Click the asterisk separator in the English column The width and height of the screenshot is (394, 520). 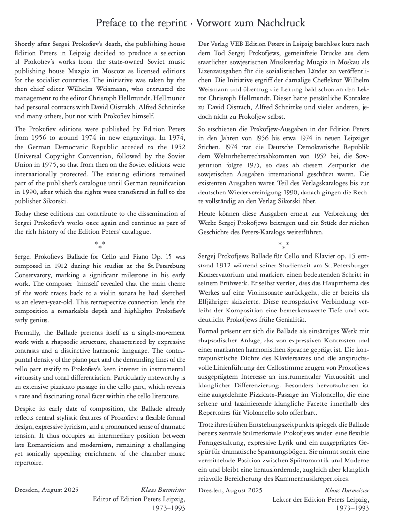(100, 244)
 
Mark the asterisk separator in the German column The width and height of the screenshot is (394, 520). (284, 245)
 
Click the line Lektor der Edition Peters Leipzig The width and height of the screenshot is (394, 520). (320, 499)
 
